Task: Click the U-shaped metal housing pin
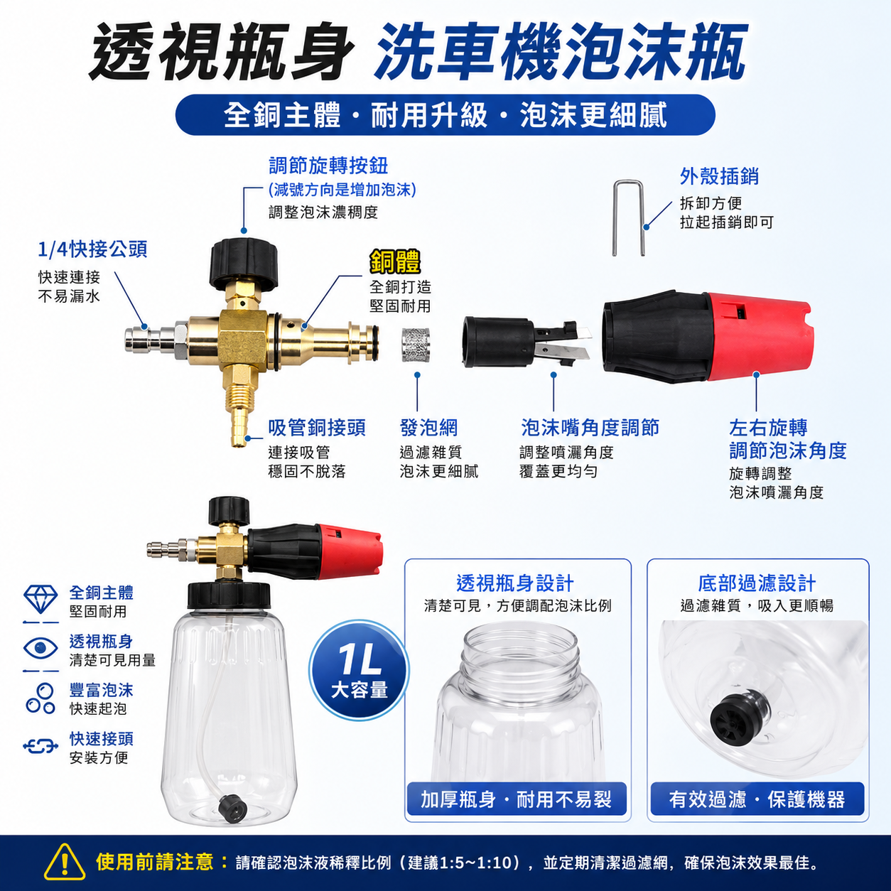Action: pos(615,217)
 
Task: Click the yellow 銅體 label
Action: pos(395,262)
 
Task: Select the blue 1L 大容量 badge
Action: pos(360,670)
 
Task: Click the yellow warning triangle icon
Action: pos(65,861)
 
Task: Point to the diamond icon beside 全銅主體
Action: pos(40,600)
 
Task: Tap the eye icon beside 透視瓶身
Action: pos(40,648)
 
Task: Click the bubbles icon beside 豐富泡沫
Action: pos(40,698)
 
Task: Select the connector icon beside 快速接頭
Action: pos(40,746)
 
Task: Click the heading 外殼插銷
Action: pos(719,177)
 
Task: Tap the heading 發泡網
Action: pos(428,428)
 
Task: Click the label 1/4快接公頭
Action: pos(92,249)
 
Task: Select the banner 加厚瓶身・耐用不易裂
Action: pos(517,799)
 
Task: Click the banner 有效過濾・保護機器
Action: pos(757,799)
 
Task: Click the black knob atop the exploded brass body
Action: pos(244,261)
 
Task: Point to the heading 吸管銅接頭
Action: pos(317,428)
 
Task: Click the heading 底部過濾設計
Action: pos(757,583)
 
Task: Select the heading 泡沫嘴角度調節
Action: pos(590,428)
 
